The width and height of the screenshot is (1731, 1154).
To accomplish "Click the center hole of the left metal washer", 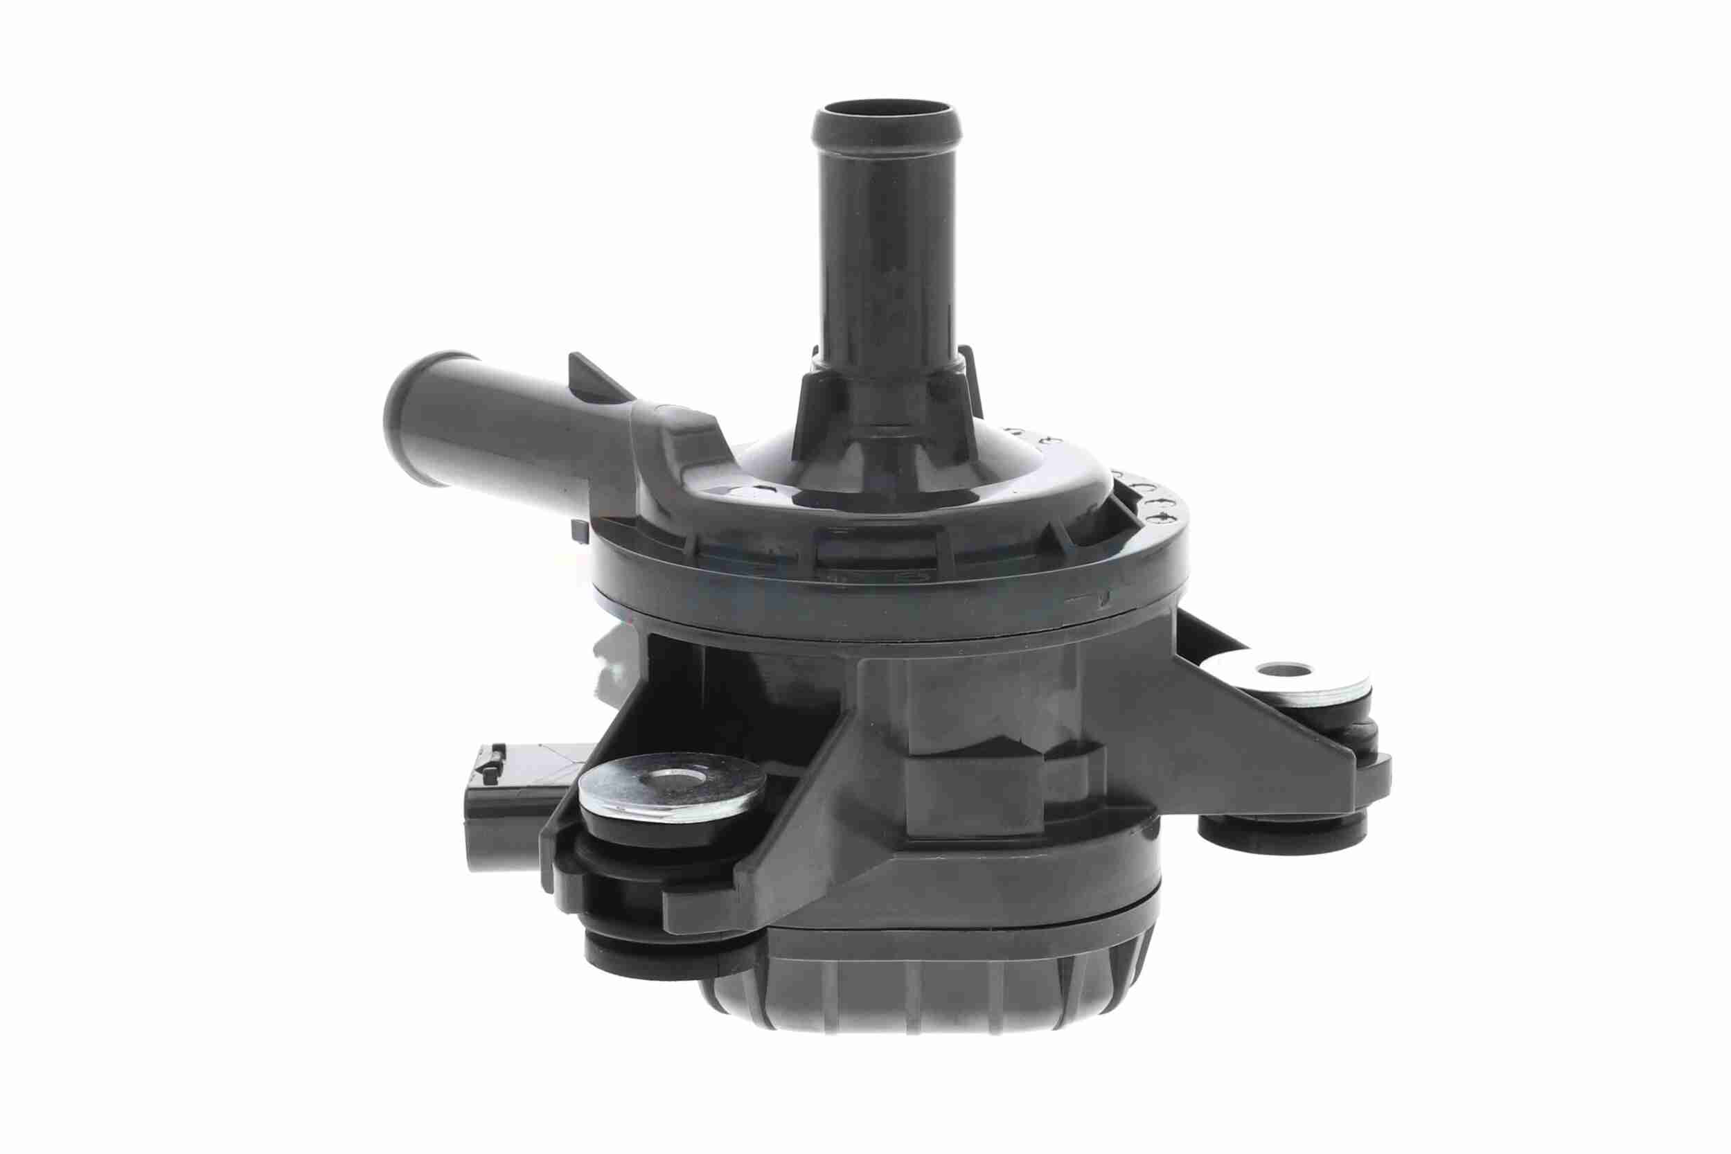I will [x=671, y=782].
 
